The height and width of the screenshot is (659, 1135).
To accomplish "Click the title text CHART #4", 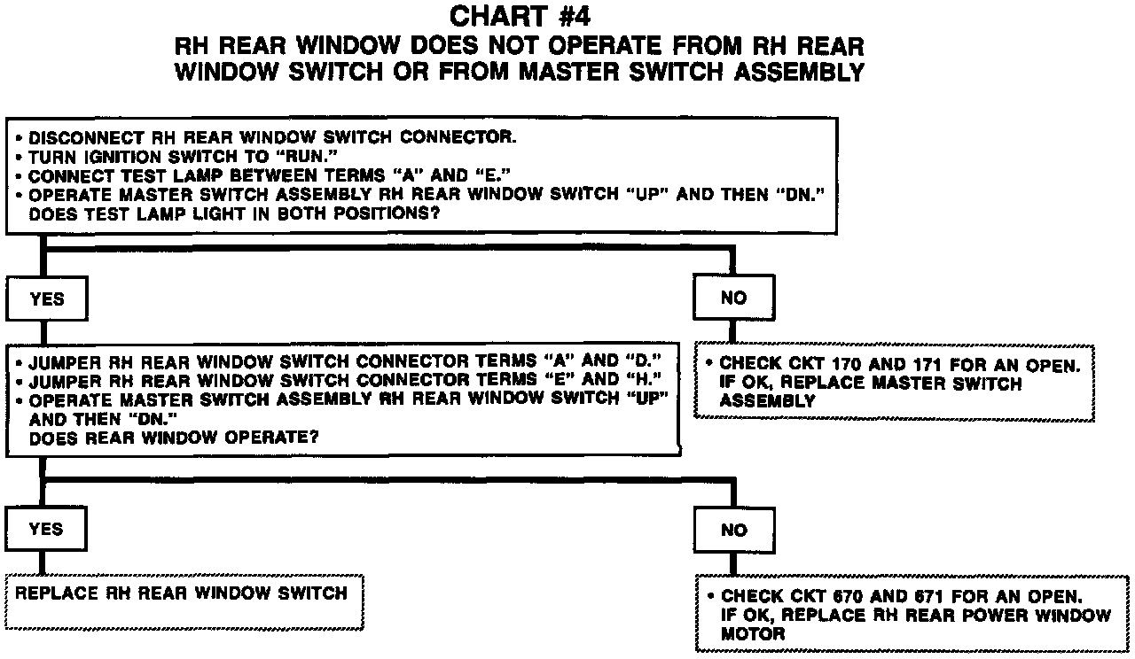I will (x=520, y=17).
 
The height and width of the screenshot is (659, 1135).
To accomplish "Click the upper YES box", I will (x=47, y=298).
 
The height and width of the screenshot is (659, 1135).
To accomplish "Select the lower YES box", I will (x=46, y=530).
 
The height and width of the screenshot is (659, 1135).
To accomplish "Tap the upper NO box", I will (x=733, y=298).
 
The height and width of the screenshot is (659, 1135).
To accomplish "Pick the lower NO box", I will (x=734, y=531).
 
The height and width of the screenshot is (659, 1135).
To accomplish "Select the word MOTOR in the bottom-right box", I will (x=753, y=634).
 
